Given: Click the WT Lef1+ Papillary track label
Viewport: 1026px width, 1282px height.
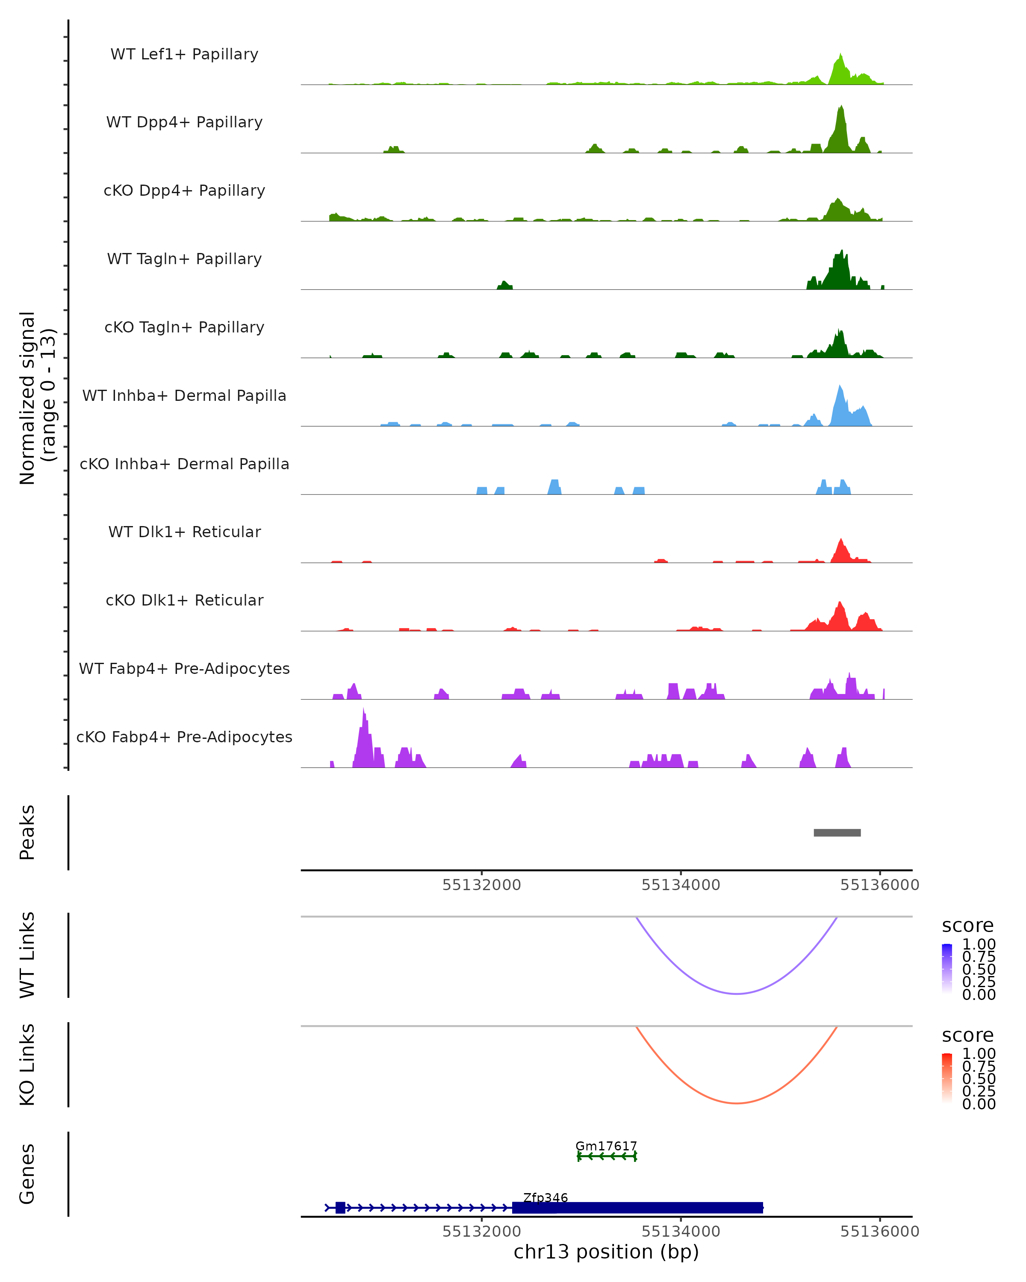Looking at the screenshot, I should (184, 54).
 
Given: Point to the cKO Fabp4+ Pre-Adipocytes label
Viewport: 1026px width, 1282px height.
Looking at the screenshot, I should (184, 737).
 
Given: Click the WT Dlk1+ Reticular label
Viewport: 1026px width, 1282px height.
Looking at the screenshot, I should (184, 532).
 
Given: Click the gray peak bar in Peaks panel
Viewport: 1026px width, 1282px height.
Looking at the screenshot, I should (837, 832).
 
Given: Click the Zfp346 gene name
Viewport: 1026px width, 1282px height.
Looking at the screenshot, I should (545, 1197).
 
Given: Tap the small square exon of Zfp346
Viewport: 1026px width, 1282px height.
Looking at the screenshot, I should (340, 1207).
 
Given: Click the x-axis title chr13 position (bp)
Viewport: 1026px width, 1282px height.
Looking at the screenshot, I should (606, 1252).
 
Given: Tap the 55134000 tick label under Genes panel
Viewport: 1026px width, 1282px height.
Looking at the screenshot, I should (681, 1232).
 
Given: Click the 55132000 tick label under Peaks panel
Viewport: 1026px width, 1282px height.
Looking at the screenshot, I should (481, 885).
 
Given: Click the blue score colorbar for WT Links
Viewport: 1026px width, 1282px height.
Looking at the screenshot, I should (947, 969).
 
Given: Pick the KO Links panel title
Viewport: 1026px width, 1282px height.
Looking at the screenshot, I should (27, 1064).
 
